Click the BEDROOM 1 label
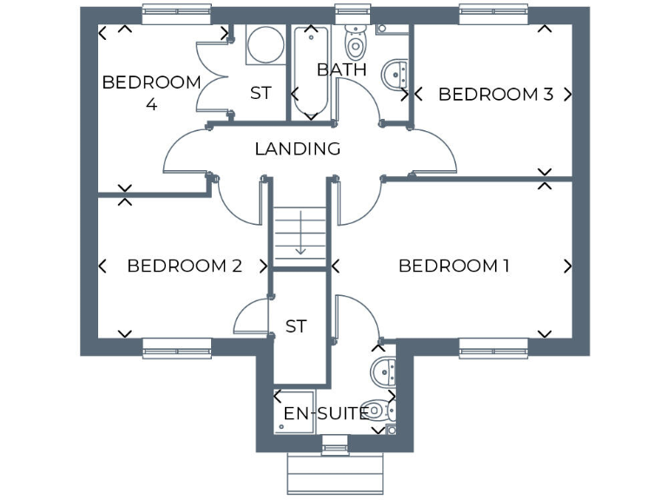(453, 266)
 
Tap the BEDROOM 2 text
(184, 266)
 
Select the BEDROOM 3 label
(495, 94)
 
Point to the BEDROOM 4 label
(151, 93)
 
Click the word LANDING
(297, 149)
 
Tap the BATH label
(341, 69)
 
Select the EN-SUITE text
(327, 413)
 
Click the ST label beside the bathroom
(260, 93)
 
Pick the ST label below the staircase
(296, 326)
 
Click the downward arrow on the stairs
(300, 236)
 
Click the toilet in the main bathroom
(355, 40)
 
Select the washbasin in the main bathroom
(396, 75)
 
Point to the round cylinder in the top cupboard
(263, 43)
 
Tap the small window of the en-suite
(334, 449)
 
